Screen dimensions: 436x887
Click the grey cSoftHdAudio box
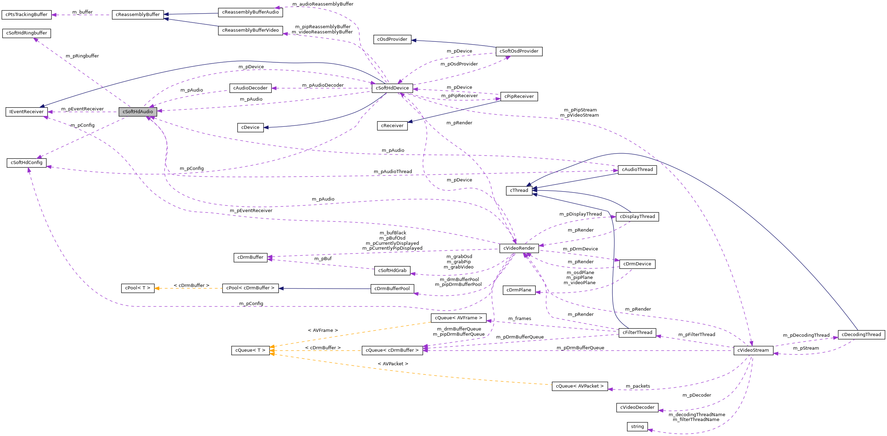pos(138,112)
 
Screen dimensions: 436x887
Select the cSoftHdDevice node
pos(392,88)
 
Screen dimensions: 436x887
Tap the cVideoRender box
pos(519,248)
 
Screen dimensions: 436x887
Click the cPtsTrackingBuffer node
pos(26,15)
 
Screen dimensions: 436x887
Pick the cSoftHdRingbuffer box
pos(26,33)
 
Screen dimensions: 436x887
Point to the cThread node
pos(519,190)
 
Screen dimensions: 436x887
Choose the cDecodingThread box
pos(861,335)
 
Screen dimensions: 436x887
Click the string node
pos(637,427)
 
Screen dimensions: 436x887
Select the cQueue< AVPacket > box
pos(580,386)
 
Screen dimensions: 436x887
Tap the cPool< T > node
pos(138,288)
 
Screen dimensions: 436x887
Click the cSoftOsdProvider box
pos(519,51)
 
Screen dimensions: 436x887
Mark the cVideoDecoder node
pos(637,407)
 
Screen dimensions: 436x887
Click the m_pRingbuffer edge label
pos(82,56)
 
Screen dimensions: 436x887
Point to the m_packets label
pos(638,386)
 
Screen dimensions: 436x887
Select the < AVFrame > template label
pos(323,330)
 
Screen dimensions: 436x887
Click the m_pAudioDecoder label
pos(323,85)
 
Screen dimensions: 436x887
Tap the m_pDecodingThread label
pos(806,335)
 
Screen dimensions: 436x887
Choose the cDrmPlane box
pos(519,290)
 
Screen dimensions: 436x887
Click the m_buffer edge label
pos(82,12)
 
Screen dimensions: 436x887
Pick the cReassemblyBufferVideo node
pos(250,30)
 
